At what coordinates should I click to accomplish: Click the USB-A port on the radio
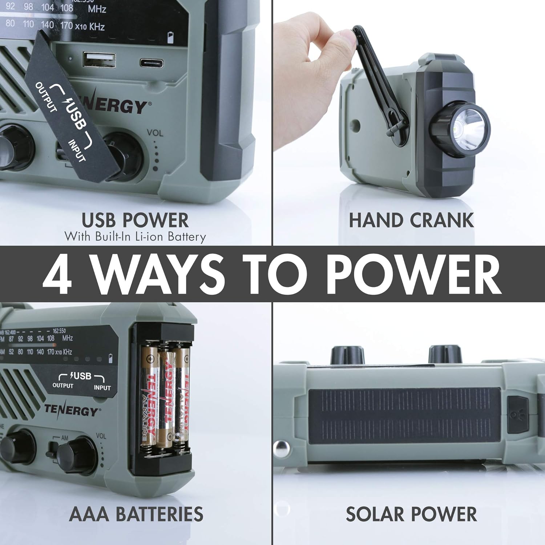99,60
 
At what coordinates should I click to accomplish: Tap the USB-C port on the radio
152,62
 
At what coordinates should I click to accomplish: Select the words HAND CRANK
411,220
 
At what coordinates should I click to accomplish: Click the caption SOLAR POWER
411,514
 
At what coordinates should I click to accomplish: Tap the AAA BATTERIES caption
136,514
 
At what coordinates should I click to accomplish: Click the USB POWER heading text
135,220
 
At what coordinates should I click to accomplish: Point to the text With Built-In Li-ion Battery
135,237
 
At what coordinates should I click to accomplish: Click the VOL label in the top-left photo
155,133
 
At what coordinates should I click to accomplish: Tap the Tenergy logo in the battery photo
71,410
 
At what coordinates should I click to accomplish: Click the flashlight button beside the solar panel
517,414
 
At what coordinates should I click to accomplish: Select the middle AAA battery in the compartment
166,394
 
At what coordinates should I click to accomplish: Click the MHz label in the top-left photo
97,9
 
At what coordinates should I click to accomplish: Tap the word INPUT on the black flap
77,151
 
